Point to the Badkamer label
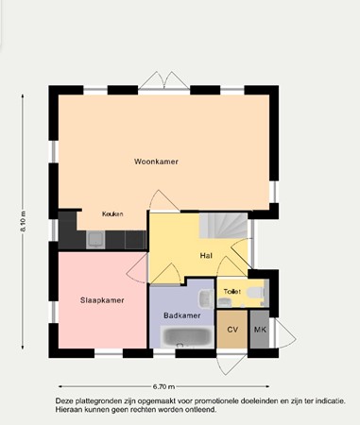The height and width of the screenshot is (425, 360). tap(180, 314)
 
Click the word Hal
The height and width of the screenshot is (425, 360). tap(205, 256)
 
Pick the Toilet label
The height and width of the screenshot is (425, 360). tap(232, 292)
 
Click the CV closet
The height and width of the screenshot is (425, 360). tap(231, 331)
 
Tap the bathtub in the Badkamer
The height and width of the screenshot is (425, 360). tap(184, 334)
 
